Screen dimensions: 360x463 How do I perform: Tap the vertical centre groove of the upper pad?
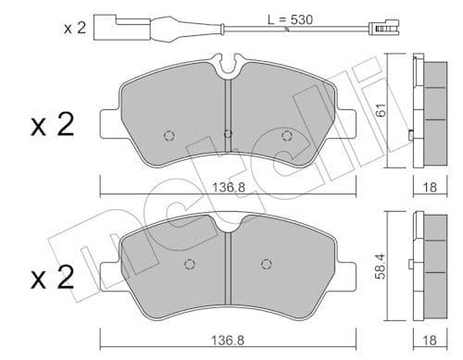click(227, 120)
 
